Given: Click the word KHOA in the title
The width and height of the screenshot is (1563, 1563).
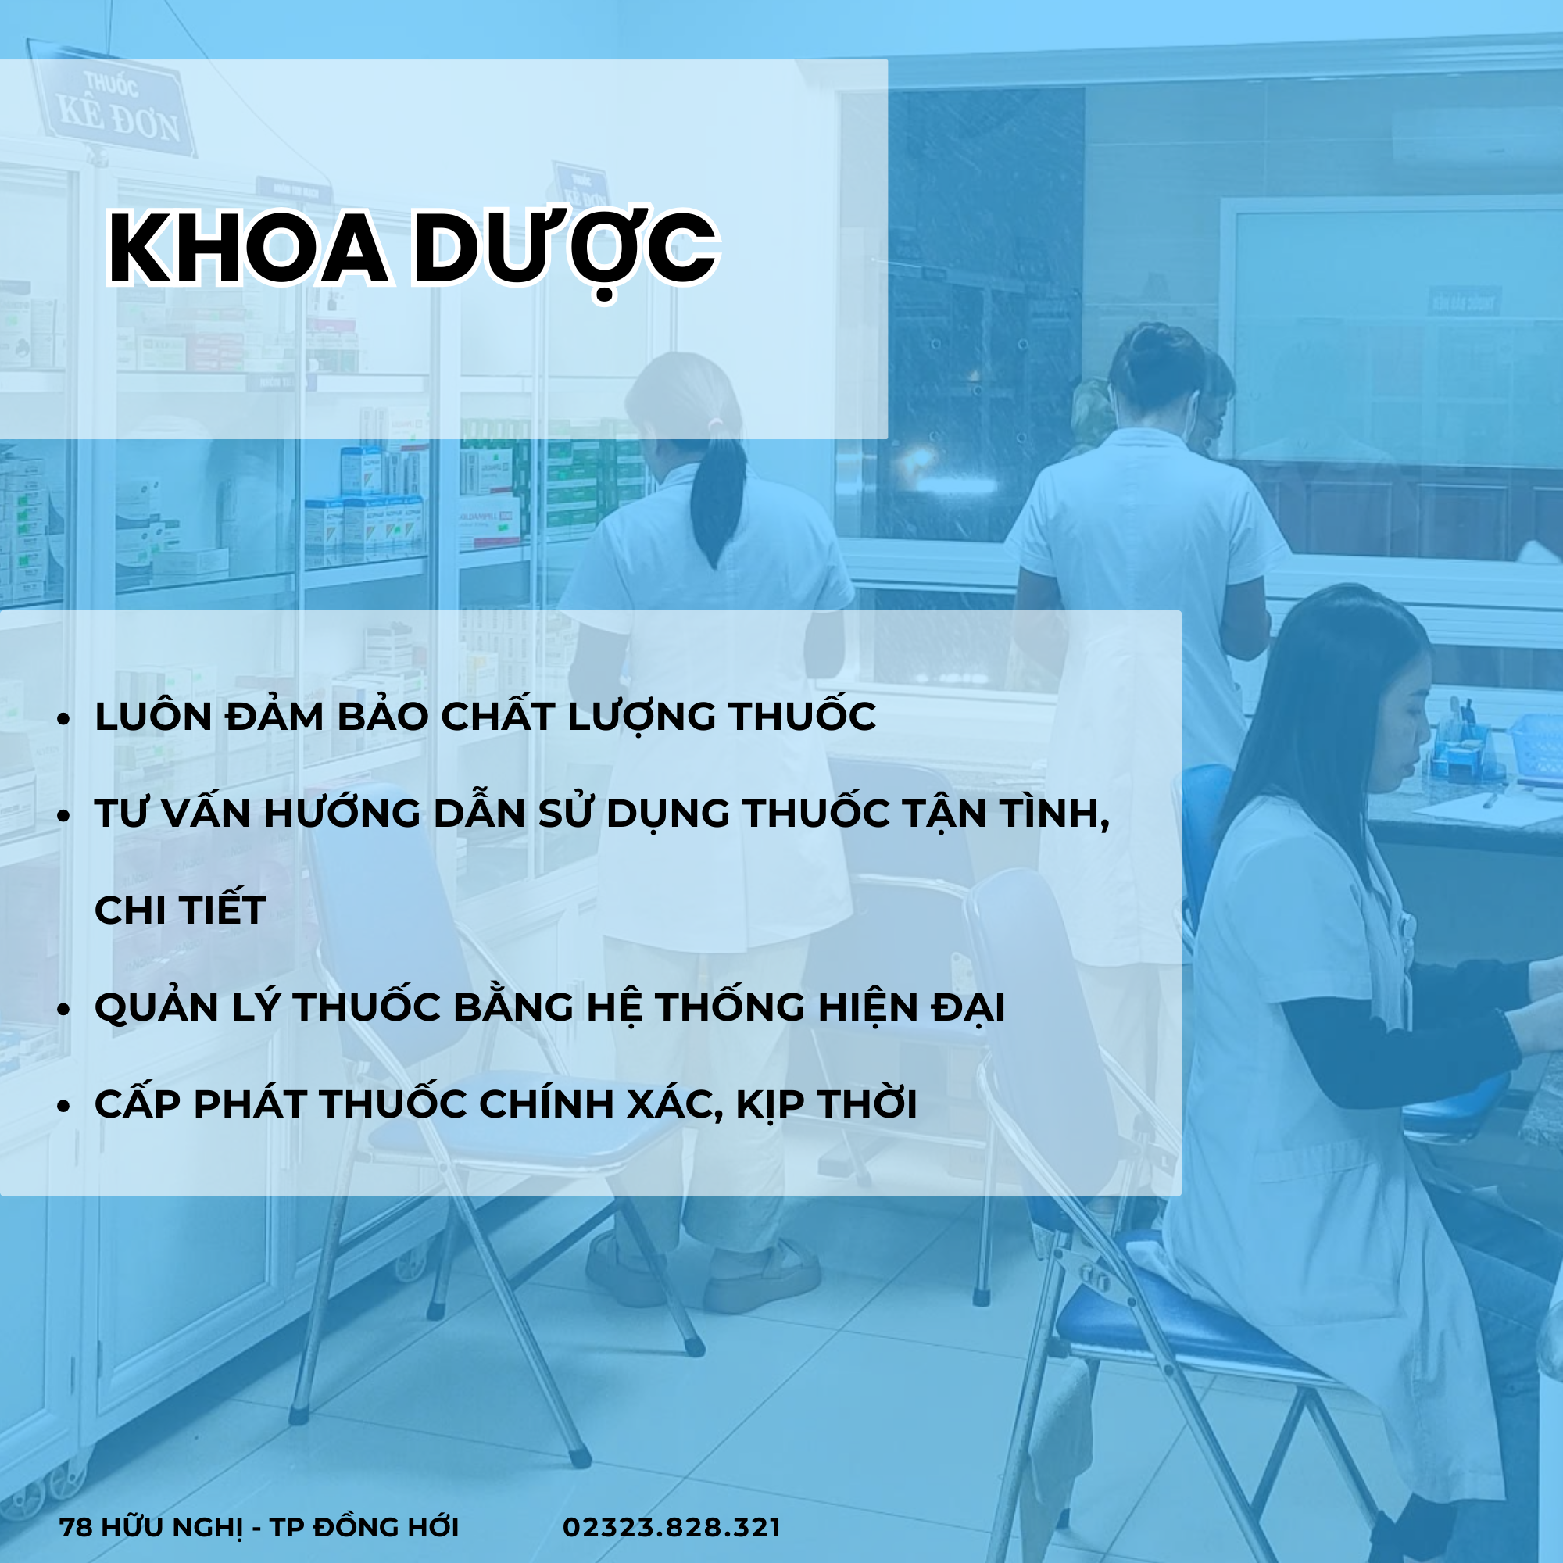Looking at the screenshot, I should (x=247, y=249).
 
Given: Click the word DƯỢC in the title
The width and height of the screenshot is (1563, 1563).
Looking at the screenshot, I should (x=565, y=249).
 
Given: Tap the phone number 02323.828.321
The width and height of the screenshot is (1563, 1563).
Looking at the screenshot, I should (x=671, y=1526).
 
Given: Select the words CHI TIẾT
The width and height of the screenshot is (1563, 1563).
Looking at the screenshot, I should (x=180, y=910).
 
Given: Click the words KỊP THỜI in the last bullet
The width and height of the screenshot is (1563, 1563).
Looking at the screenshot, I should (x=826, y=1104).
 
